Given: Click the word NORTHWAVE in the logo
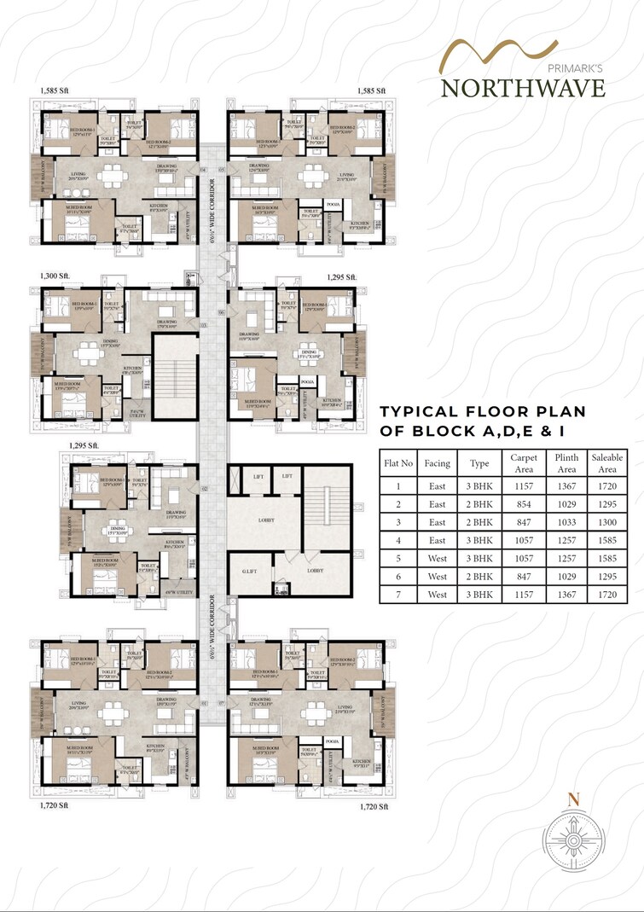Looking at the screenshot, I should [523, 87].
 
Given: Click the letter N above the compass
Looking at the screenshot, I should [574, 799].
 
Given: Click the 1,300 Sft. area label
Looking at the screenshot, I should [55, 277].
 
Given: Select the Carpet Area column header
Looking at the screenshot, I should [524, 463].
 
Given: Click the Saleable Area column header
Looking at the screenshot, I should [607, 463].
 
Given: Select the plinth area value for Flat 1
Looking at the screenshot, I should [566, 486].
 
